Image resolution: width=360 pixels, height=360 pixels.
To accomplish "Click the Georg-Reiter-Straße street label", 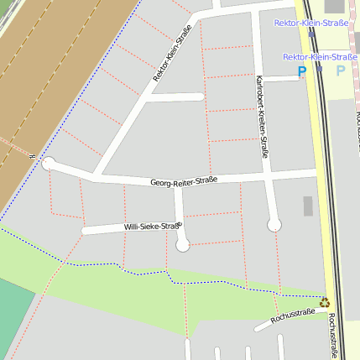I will pos(184,181).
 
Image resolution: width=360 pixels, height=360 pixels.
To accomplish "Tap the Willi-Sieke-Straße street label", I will pos(152,227).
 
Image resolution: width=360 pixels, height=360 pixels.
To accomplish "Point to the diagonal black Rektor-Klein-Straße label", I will pos(171,52).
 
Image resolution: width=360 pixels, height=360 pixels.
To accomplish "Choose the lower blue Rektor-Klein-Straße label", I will pos(320,57).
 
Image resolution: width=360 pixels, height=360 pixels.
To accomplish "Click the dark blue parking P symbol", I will pos(302,73).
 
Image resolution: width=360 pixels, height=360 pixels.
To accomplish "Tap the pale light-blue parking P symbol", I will pos(341,71).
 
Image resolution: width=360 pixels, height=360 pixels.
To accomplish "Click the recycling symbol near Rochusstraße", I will pos(324,302).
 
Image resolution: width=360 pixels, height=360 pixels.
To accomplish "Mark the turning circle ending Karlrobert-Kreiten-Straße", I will pos(274,224).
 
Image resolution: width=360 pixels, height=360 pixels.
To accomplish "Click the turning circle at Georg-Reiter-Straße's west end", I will pos(49,163).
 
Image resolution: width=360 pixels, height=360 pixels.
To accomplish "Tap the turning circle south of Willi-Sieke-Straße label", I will pos(183,245).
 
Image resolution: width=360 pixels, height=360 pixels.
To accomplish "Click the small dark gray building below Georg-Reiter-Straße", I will pos(308,206).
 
